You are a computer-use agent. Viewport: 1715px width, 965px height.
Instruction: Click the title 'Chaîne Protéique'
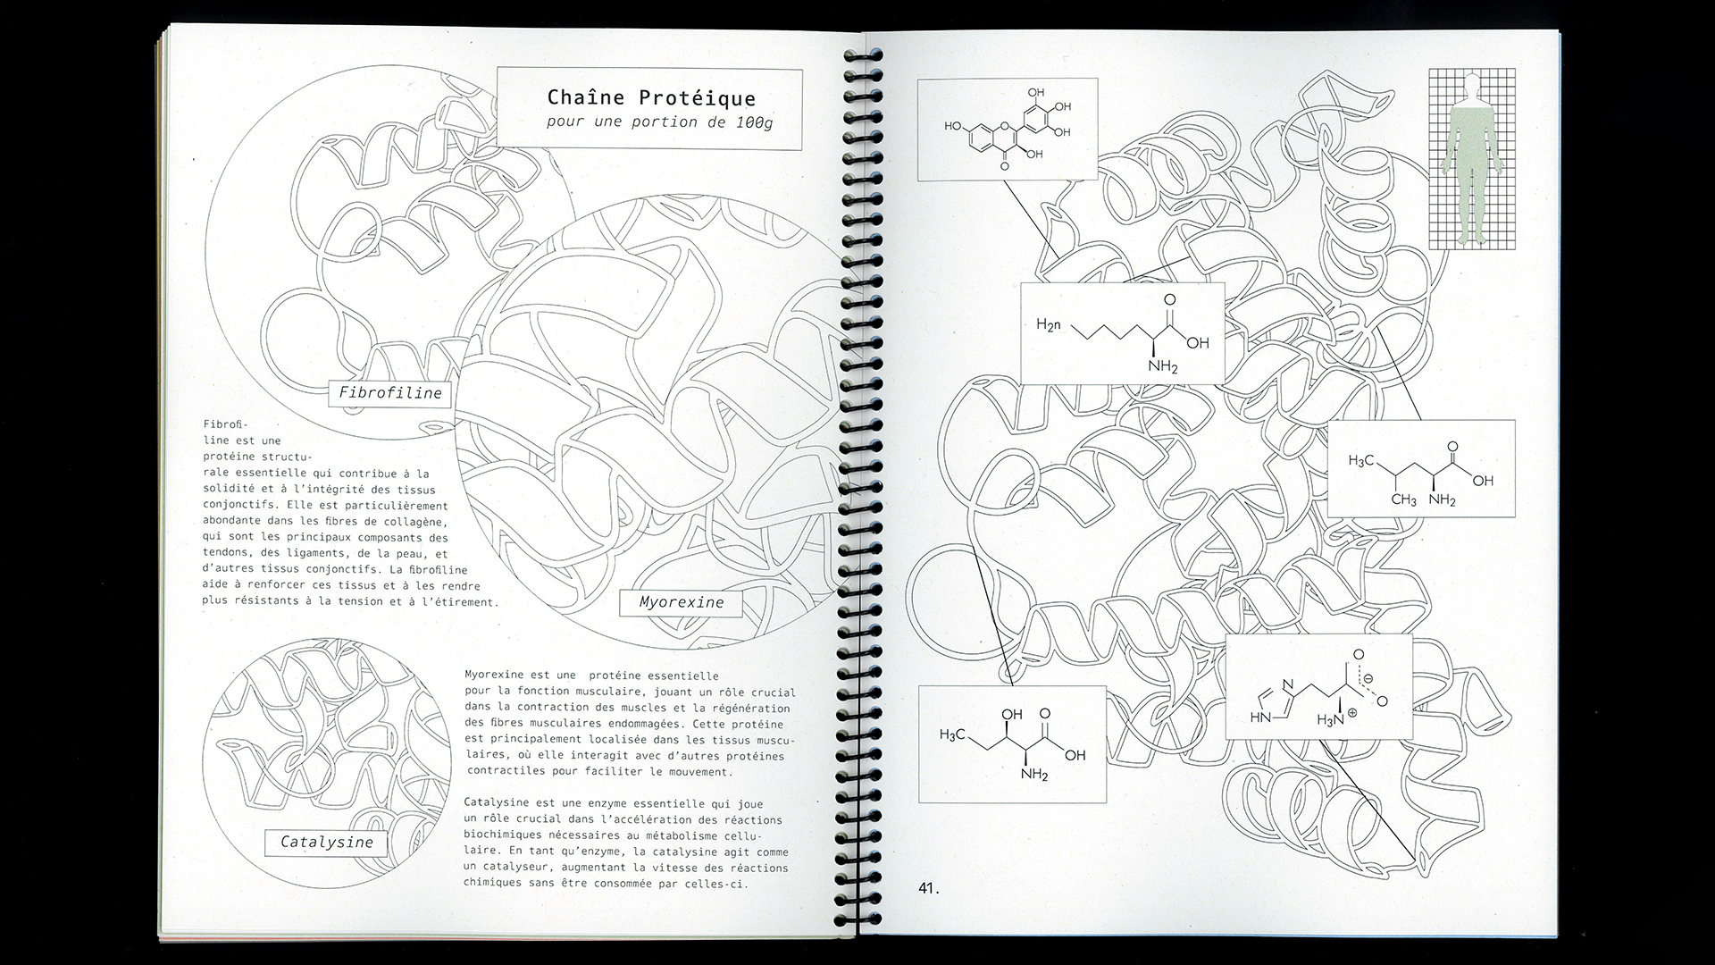651,97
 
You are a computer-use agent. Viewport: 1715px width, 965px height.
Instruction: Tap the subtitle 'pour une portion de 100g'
659,122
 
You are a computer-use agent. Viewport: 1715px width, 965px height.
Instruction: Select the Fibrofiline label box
390,392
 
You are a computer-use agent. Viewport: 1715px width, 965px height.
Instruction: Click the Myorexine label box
682,602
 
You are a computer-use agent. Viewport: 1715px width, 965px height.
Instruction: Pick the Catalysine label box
327,842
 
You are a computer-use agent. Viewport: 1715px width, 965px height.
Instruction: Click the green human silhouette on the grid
1472,161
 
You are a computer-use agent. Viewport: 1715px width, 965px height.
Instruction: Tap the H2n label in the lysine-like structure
1049,324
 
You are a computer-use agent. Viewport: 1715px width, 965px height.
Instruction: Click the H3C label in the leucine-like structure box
1361,461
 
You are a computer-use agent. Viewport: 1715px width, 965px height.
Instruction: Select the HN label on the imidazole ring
1259,717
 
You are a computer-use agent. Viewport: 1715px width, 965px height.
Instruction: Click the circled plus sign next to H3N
1352,713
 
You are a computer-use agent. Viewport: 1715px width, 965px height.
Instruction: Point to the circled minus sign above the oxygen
1368,679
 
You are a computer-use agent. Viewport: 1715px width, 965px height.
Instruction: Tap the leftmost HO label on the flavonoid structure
953,127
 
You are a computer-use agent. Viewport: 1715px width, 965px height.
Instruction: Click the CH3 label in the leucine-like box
1404,500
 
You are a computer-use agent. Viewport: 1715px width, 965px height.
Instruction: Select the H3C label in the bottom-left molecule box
952,735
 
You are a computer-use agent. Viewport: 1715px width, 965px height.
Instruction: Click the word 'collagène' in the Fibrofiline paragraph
413,522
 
